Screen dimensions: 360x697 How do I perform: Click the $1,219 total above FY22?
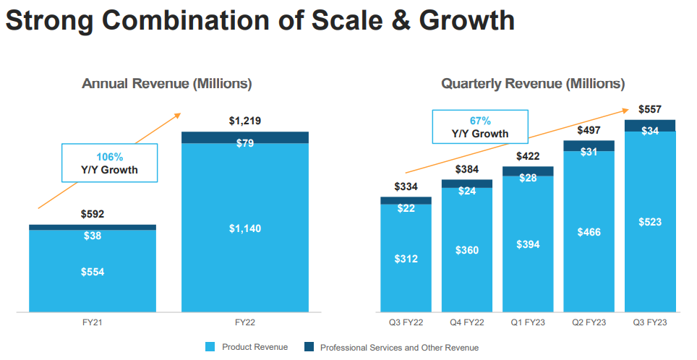click(244, 121)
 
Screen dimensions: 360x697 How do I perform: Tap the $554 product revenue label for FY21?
click(93, 272)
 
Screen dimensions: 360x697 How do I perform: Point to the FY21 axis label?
click(93, 322)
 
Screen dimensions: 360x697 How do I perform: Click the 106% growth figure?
click(110, 157)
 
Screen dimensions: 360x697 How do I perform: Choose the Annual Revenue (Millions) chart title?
click(167, 84)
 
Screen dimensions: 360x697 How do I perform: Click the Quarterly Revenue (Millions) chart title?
click(534, 84)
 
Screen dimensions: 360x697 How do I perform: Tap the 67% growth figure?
click(481, 121)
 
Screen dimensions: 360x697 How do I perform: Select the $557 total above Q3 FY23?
click(650, 109)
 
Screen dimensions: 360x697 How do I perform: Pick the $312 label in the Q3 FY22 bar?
click(406, 259)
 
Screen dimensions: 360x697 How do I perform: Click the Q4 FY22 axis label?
click(466, 322)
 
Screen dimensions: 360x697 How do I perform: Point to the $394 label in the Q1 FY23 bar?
click(528, 244)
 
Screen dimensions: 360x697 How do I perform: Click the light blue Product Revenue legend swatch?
click(210, 348)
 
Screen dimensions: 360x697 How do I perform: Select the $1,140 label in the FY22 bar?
click(244, 228)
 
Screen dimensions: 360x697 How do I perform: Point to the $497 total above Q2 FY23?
click(589, 130)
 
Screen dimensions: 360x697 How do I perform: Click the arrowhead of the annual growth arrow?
click(178, 114)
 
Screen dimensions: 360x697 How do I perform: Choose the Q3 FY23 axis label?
click(650, 322)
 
